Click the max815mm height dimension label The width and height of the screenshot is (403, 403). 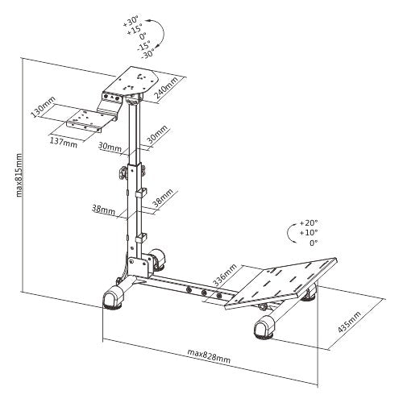(19, 175)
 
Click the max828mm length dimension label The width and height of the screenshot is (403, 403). (209, 355)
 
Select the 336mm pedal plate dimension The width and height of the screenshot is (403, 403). (225, 275)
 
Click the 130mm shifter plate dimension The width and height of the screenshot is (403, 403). (43, 106)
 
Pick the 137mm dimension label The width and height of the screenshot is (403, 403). (64, 143)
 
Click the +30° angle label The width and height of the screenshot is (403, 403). (131, 21)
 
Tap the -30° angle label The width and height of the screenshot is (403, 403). (147, 53)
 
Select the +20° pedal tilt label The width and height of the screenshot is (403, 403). (309, 223)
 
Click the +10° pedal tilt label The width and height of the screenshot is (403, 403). (309, 233)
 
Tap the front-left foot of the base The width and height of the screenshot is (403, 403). (113, 297)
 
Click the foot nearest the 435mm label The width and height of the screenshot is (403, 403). (264, 327)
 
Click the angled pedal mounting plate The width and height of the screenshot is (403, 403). (280, 284)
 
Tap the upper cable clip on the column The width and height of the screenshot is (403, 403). (141, 193)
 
